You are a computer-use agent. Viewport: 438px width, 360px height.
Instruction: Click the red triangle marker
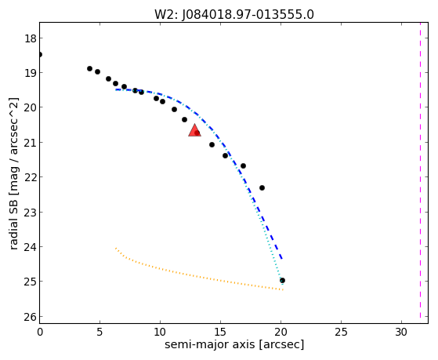point(194,130)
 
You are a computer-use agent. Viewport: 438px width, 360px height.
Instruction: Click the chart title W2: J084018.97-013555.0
point(234,14)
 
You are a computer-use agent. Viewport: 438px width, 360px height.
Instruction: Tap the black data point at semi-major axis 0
point(40,54)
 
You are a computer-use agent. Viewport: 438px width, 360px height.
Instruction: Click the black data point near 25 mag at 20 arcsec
point(282,280)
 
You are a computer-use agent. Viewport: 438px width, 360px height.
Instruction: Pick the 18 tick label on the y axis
point(31,38)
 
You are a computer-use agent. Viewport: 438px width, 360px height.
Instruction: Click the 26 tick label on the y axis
point(31,317)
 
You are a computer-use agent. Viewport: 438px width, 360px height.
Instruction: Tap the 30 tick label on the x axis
point(401,332)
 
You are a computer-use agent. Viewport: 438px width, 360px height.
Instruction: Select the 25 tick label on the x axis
point(341,332)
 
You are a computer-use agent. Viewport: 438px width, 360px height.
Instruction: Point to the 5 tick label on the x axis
point(100,332)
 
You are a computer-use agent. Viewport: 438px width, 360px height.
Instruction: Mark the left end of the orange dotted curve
point(116,248)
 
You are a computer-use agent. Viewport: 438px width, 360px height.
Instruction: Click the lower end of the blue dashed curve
point(282,259)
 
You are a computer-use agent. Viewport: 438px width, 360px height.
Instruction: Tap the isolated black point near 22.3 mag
point(262,187)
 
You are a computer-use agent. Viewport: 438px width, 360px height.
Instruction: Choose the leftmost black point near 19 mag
point(89,68)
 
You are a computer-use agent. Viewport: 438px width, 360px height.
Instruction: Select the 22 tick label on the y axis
point(31,177)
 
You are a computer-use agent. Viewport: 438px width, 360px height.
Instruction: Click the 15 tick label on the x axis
point(220,332)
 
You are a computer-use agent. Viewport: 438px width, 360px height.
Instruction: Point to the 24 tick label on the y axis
point(31,247)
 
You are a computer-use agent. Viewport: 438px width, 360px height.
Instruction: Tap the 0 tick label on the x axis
point(40,332)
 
